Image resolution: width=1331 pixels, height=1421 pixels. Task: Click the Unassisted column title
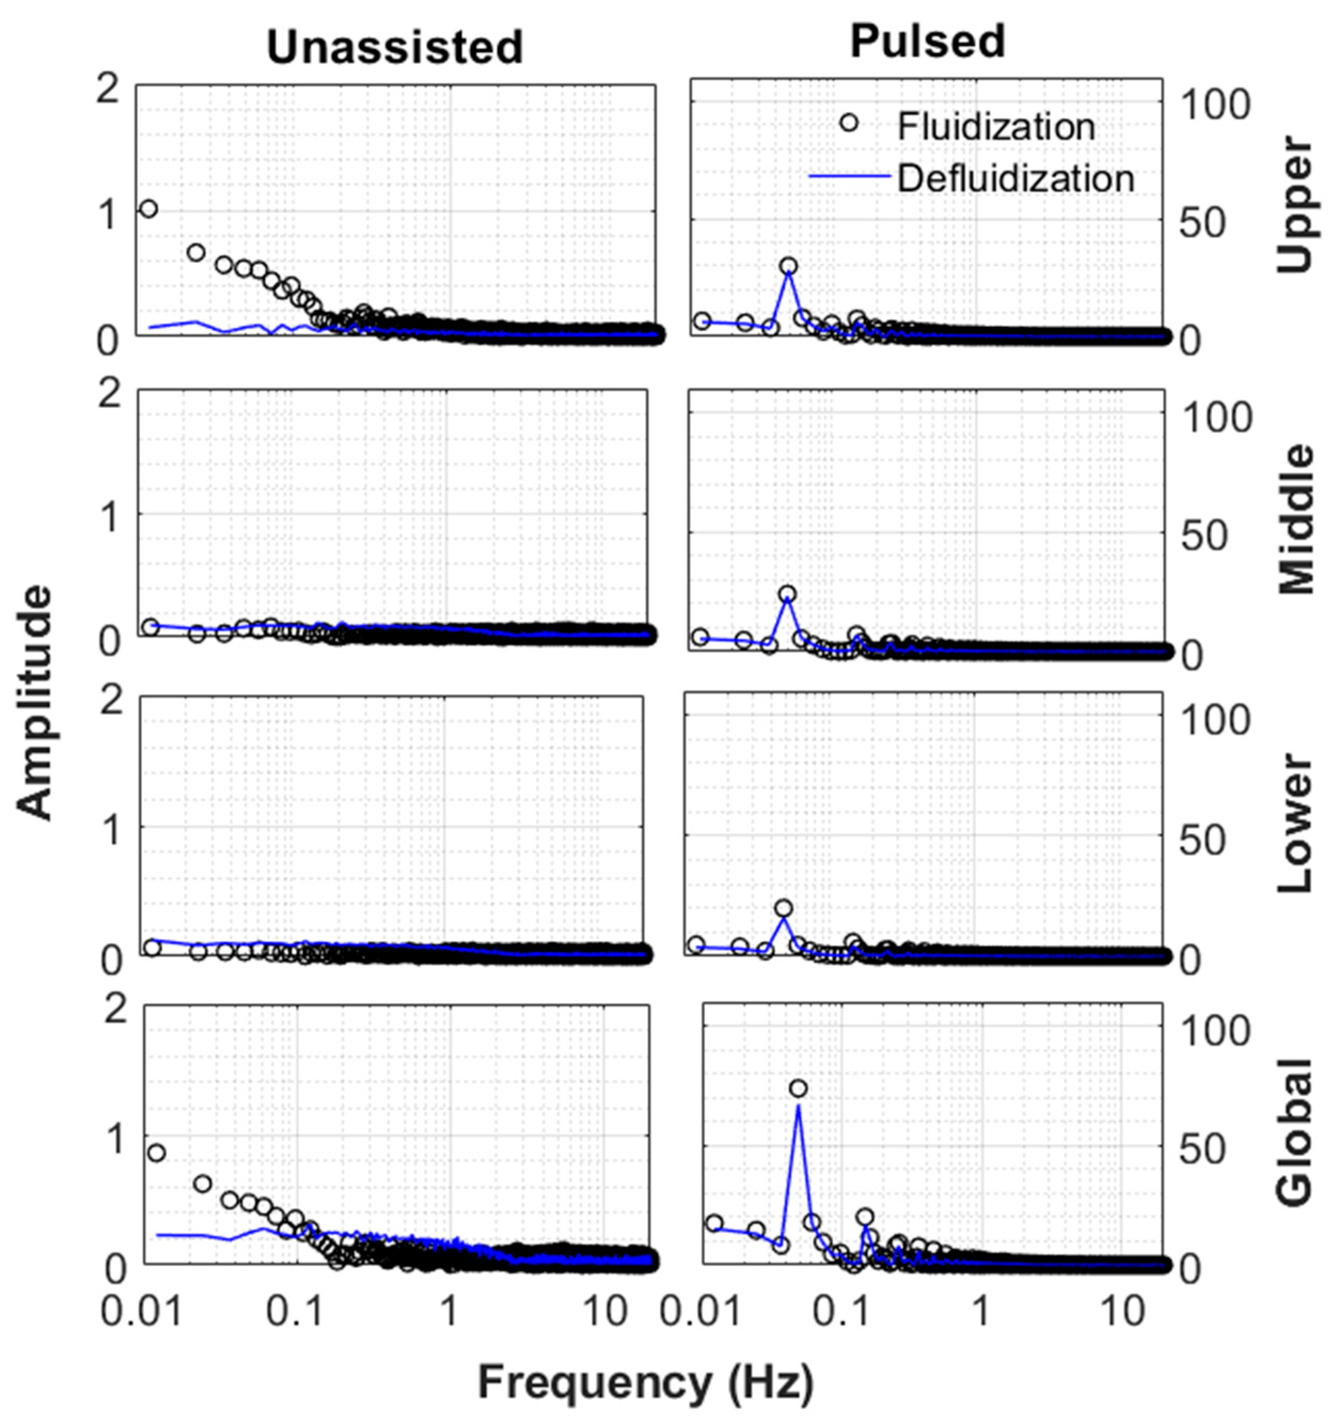tap(395, 49)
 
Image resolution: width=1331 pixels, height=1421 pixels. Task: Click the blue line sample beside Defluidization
tap(850, 175)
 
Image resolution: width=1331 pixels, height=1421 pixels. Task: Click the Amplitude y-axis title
tap(34, 702)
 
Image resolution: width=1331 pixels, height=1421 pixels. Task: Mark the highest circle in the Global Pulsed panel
tap(799, 1088)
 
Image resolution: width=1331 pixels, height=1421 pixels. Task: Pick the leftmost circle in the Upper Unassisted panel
tap(148, 209)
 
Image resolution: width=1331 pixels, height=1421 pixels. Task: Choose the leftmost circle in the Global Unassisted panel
tap(156, 1153)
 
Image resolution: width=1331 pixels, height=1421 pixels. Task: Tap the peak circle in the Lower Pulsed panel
tap(783, 909)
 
